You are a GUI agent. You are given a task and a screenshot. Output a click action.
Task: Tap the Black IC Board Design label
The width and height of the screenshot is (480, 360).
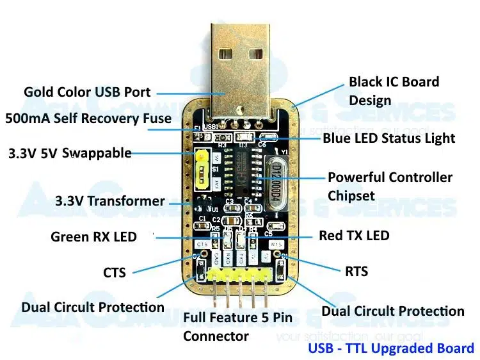(394, 91)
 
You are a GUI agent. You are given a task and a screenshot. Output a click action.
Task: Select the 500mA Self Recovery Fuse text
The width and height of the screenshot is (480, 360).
(88, 119)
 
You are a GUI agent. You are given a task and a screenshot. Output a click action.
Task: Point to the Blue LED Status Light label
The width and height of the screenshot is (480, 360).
(388, 138)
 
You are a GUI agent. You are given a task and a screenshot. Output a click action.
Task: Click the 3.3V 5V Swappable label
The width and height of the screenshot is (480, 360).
(70, 154)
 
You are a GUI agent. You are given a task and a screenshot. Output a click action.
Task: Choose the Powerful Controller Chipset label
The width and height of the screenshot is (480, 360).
(390, 186)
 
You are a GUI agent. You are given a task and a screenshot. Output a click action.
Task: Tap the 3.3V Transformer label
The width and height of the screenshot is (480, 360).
(110, 201)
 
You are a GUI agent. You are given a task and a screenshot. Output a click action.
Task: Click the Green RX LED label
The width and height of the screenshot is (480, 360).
(93, 237)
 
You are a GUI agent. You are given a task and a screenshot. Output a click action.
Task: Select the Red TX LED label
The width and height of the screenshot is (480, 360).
(354, 236)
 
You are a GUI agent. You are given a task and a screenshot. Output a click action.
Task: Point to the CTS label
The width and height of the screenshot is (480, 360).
(115, 272)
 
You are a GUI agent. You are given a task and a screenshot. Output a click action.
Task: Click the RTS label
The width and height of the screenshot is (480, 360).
(356, 272)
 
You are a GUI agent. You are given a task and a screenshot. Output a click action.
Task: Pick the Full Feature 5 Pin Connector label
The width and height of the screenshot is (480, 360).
(237, 326)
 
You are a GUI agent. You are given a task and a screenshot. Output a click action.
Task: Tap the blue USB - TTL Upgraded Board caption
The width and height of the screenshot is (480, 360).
(391, 348)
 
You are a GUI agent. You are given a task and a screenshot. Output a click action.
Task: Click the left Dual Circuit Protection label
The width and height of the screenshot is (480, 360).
(93, 307)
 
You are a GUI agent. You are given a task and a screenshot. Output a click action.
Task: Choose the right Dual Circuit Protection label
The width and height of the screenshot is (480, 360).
(392, 311)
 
